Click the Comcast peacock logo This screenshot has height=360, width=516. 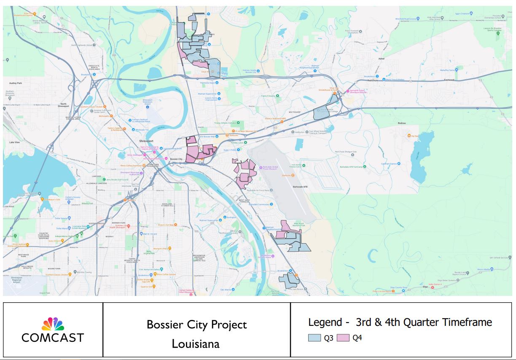[x=53, y=324]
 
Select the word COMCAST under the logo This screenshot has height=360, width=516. [x=53, y=338]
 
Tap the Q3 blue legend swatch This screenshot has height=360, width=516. [x=314, y=338]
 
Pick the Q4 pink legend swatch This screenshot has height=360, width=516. [x=343, y=338]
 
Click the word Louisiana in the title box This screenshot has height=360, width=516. [x=196, y=344]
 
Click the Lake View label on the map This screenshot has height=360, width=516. [x=14, y=142]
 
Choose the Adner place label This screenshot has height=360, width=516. [x=382, y=59]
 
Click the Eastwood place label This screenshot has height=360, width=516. [x=449, y=79]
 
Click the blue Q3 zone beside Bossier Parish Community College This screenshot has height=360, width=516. [x=322, y=113]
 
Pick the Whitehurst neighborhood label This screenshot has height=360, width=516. [x=294, y=112]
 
